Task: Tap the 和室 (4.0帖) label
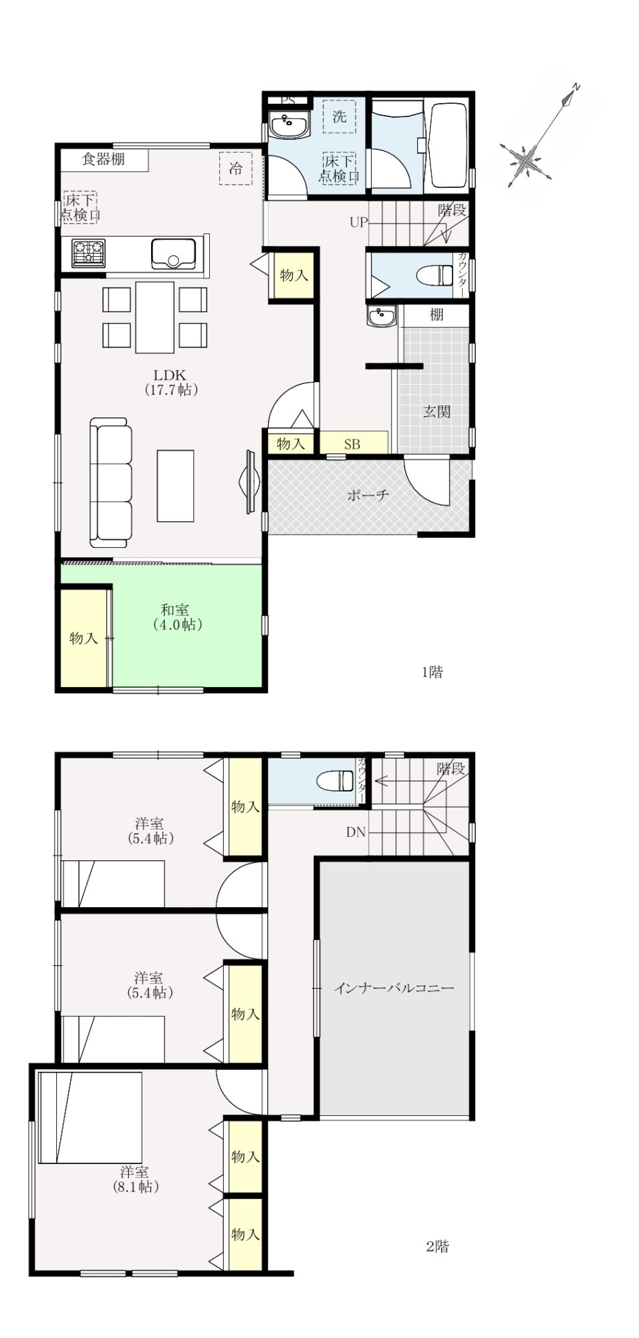coord(174,617)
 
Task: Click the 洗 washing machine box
coord(340,116)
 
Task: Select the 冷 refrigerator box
coord(236,168)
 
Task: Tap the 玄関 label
coord(436,411)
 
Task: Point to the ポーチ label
coord(368,495)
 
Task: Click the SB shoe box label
coord(352,444)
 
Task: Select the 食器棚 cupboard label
coord(104,159)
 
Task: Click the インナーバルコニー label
coord(394,987)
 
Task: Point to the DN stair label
coord(356,832)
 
